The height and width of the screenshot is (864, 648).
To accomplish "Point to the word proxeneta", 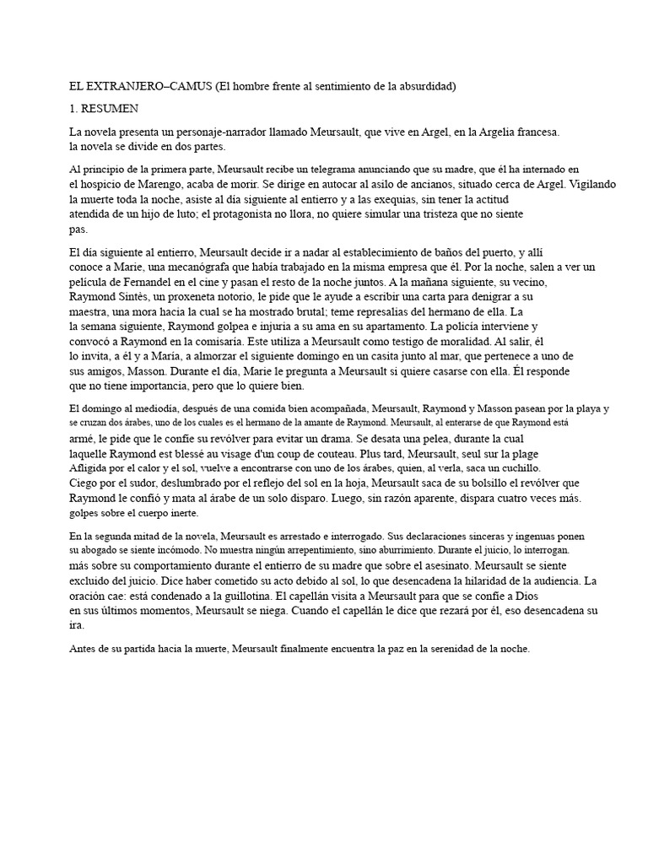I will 205,297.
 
